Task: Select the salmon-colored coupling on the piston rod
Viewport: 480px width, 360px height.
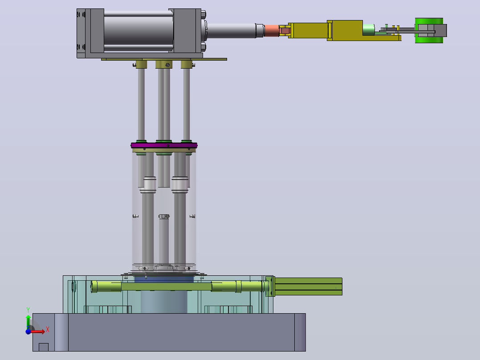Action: point(272,31)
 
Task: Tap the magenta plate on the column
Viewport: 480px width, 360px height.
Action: point(164,145)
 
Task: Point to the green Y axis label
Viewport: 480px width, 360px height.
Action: point(28,310)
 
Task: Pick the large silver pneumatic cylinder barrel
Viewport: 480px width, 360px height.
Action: point(138,31)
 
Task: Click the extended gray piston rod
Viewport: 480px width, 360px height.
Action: point(232,31)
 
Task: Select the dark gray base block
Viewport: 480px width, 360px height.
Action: point(169,332)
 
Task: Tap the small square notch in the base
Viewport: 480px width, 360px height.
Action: point(44,347)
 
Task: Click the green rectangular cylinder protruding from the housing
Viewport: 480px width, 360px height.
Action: point(308,286)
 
